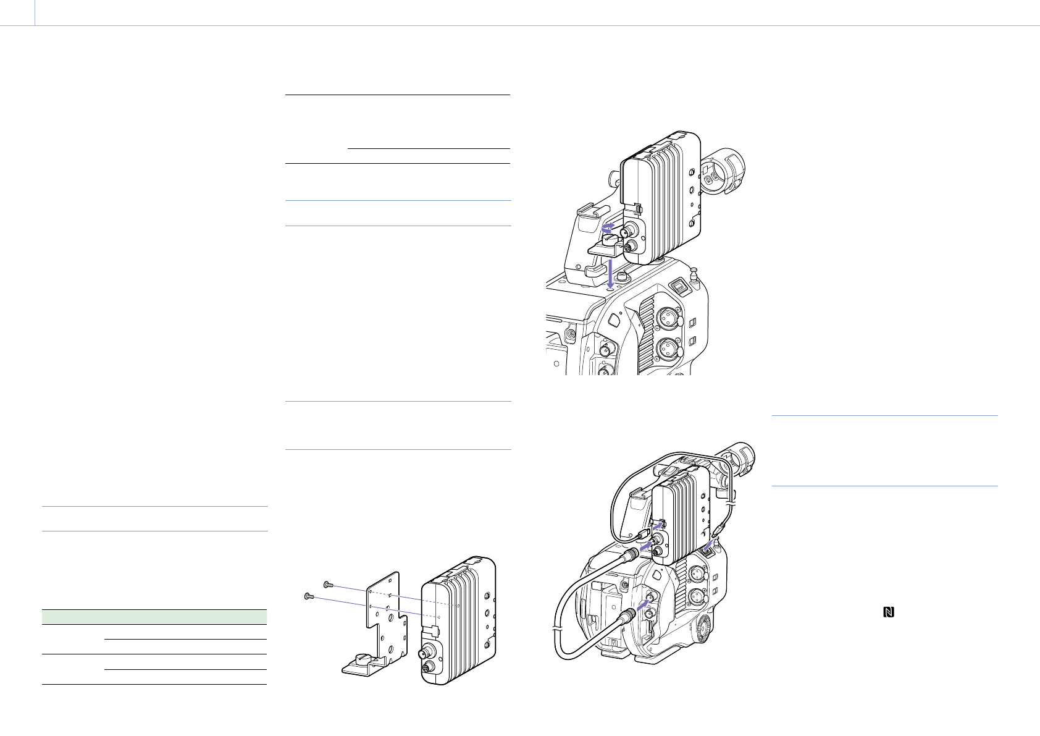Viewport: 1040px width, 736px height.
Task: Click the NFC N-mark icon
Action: (x=889, y=612)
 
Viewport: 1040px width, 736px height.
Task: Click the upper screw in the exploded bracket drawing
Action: (x=327, y=583)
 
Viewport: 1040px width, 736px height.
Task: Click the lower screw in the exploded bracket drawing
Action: (x=309, y=596)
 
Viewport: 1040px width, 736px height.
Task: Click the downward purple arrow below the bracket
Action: (x=610, y=272)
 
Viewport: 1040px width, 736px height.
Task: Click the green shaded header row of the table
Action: (x=154, y=617)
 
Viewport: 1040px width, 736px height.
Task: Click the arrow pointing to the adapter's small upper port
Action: (x=661, y=525)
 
